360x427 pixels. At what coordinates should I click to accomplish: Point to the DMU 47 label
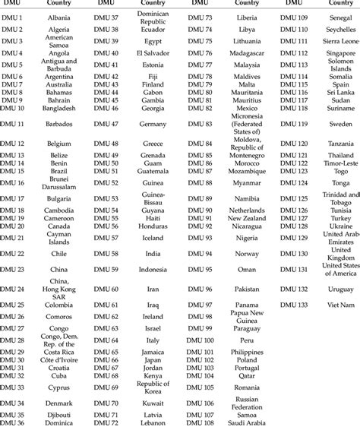pyautogui.click(x=105, y=123)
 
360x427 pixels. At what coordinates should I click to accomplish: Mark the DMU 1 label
pyautogui.click(x=14, y=17)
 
